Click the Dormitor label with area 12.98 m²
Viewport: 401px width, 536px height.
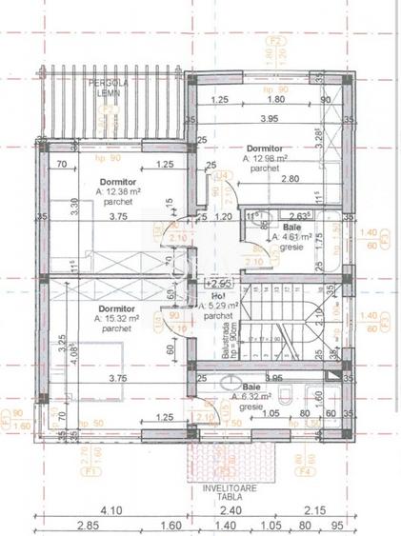point(264,149)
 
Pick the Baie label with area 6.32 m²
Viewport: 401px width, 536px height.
point(251,387)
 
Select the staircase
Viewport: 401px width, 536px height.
point(286,328)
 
